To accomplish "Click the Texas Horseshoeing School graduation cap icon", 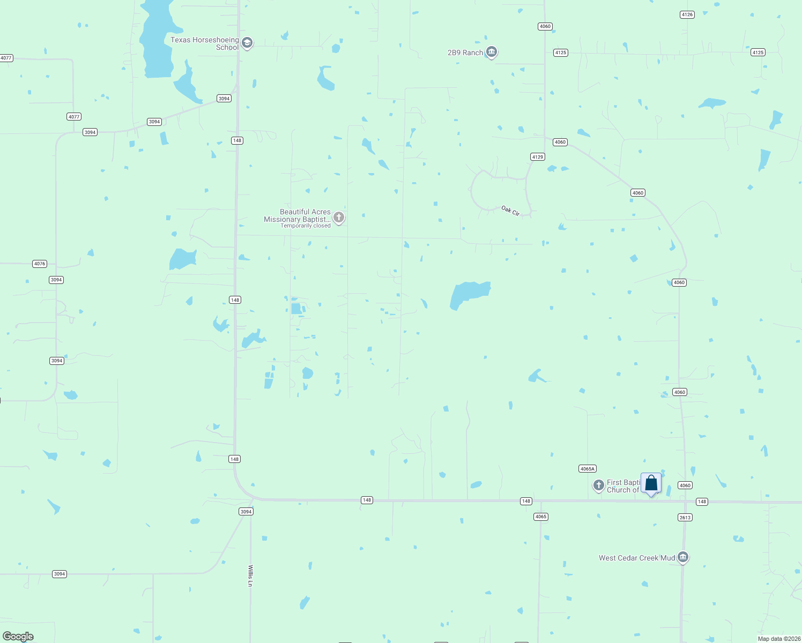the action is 247,43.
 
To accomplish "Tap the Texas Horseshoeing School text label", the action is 205,43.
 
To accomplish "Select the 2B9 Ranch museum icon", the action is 492,52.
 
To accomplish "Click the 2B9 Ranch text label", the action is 465,53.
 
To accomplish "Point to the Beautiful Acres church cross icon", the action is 339,217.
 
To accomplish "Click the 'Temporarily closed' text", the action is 306,226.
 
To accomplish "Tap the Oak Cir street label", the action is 510,211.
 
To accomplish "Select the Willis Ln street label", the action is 250,575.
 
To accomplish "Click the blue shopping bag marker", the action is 651,483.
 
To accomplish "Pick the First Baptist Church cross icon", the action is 599,485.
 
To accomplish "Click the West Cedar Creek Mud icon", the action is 683,557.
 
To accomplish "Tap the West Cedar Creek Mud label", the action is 636,558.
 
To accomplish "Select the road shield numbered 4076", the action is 40,264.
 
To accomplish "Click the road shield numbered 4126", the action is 687,15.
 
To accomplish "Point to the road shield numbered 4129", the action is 537,157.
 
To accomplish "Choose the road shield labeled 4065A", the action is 588,469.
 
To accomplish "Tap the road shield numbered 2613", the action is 685,518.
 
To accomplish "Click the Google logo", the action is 18,637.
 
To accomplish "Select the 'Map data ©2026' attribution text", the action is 779,639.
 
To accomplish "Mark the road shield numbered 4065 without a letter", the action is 540,517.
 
